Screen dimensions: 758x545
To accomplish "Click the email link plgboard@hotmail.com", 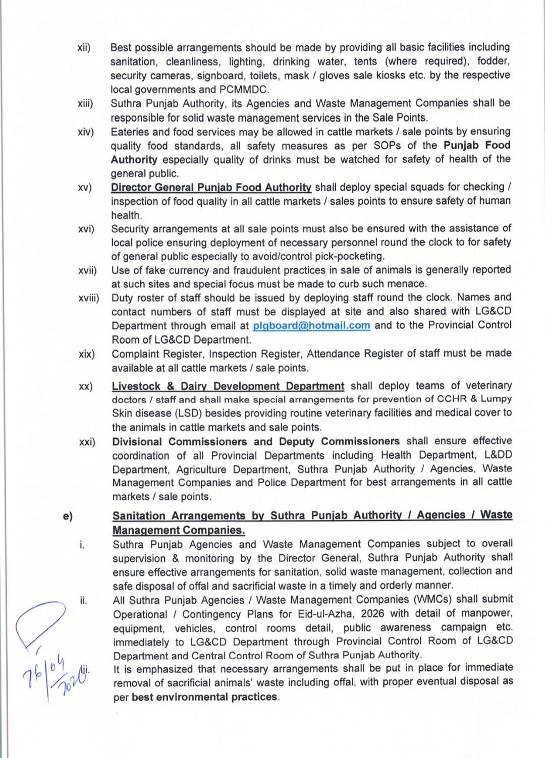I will [311, 326].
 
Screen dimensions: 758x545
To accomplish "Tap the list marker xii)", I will [84, 48].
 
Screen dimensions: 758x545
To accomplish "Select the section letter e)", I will [68, 516].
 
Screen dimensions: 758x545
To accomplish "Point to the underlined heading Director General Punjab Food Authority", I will [211, 187].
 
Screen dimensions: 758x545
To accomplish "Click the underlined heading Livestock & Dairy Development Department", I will [228, 386].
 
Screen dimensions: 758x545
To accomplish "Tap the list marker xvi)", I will [86, 229].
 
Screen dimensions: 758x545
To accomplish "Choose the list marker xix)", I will [87, 354].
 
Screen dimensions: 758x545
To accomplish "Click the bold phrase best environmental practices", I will [204, 697].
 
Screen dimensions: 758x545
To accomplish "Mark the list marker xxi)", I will [87, 442].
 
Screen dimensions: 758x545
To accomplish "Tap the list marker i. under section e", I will [82, 545].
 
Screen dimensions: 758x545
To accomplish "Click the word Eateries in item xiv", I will [130, 132].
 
